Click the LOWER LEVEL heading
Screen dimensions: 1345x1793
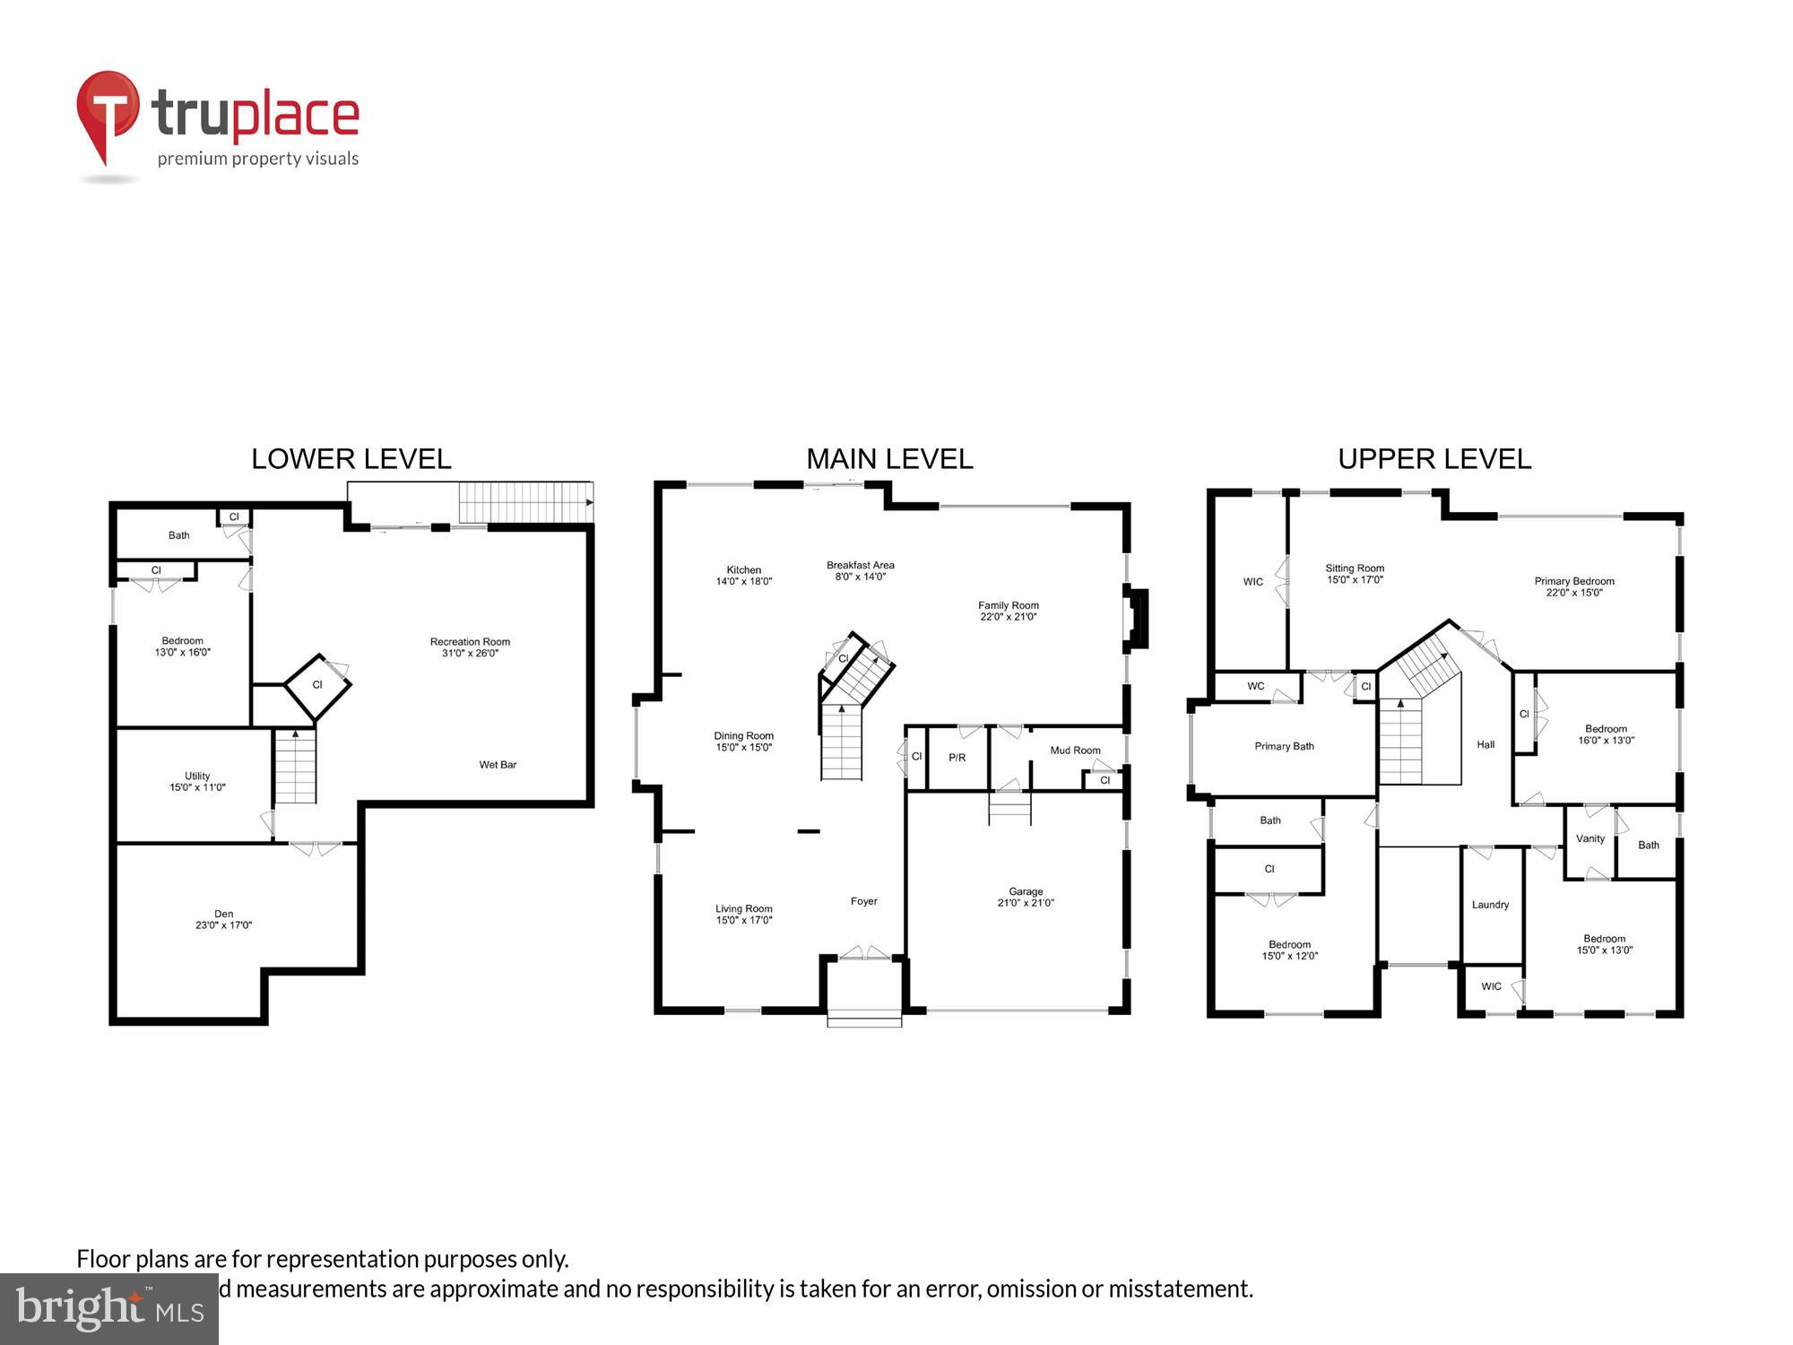click(351, 459)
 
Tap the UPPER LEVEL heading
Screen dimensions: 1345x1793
click(1434, 459)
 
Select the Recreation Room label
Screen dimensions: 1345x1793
click(470, 642)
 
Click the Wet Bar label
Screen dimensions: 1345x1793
click(498, 765)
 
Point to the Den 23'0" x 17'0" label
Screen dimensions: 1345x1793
click(223, 920)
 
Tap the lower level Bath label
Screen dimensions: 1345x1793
click(179, 535)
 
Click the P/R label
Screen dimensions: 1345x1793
click(957, 758)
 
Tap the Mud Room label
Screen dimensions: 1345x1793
click(1075, 751)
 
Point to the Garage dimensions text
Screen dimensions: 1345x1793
click(1026, 903)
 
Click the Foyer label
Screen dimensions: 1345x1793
click(863, 901)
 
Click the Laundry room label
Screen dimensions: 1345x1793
click(1490, 905)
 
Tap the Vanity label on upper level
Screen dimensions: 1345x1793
click(1589, 839)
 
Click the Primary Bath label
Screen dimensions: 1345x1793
click(1284, 746)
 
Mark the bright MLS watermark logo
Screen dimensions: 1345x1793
click(109, 1309)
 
